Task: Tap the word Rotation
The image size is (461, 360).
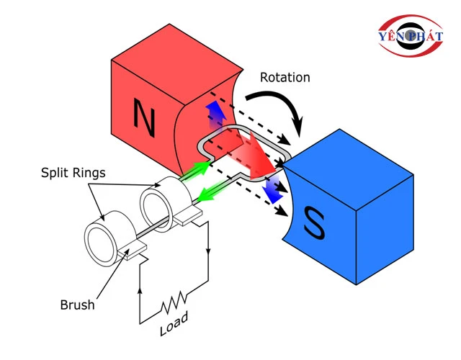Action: pos(285,77)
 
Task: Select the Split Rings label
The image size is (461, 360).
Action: pos(73,173)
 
